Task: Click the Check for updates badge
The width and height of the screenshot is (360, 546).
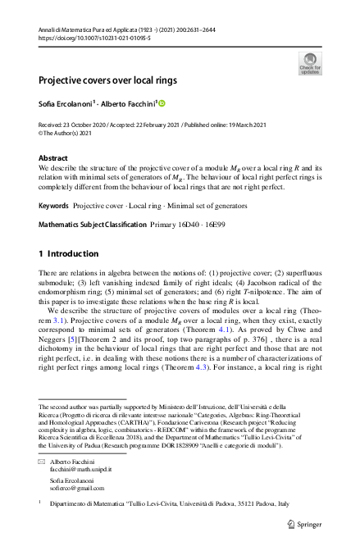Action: coord(310,63)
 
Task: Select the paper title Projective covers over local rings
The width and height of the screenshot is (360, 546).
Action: coord(108,81)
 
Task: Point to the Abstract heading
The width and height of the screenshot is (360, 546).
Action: coord(53,157)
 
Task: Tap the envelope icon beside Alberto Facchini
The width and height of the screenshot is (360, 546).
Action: coord(42,462)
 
